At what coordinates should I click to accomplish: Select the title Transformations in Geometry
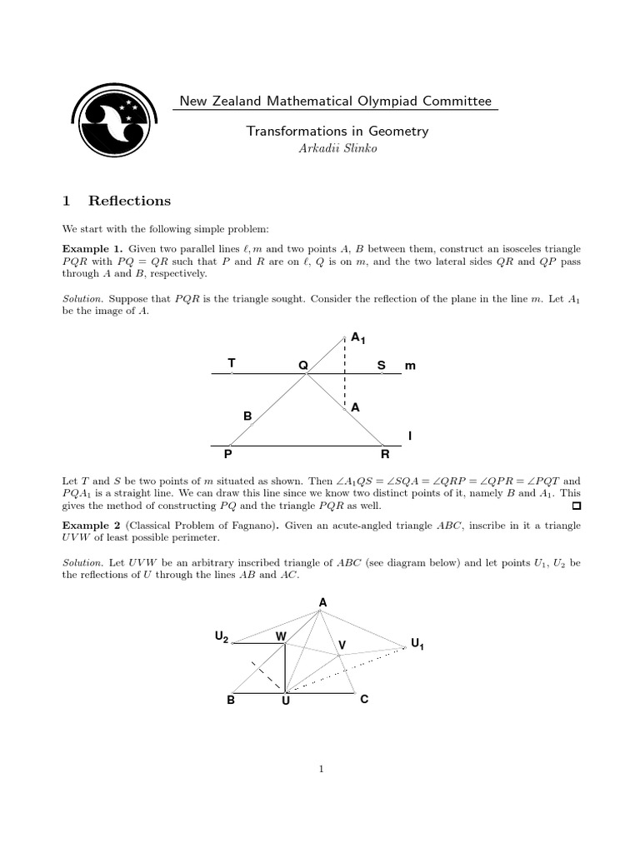click(336, 131)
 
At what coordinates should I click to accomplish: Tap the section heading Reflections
click(129, 201)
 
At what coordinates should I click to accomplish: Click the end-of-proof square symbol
click(575, 506)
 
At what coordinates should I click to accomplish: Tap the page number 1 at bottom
click(320, 769)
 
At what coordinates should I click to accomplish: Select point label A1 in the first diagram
click(357, 338)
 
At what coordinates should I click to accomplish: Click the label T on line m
click(231, 363)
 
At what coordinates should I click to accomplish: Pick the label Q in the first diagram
click(303, 366)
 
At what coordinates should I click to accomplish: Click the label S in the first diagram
click(381, 365)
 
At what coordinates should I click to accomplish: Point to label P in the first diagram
click(227, 455)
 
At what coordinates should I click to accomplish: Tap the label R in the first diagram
click(384, 455)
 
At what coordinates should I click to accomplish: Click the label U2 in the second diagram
click(221, 637)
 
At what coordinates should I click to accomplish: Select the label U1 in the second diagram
click(417, 643)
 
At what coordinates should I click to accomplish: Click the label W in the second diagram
click(281, 636)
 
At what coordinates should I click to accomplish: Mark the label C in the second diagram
click(363, 701)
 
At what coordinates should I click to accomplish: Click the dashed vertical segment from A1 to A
click(345, 371)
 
